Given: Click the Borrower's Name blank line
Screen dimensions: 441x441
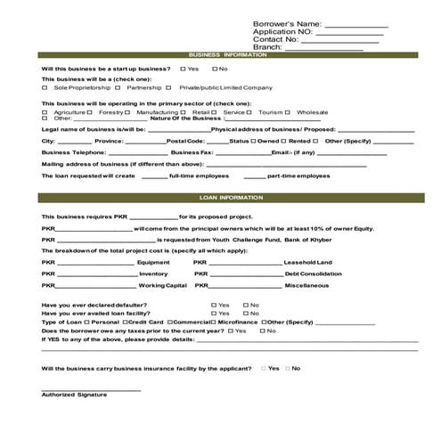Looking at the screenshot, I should pos(355,25).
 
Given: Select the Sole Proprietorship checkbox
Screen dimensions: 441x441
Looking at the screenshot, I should pos(45,88).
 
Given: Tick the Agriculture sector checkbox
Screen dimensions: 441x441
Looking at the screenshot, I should pos(45,112).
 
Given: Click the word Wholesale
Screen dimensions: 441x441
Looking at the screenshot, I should pos(312,112).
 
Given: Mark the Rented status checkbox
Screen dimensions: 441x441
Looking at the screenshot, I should pos(284,141).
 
